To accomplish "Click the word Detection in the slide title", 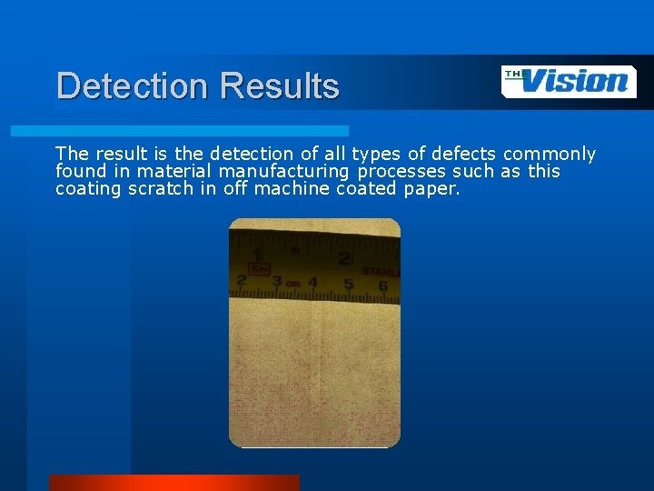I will [x=133, y=86].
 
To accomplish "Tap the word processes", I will [x=401, y=171].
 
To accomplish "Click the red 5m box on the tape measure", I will [x=260, y=268].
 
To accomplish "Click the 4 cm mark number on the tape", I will [x=312, y=284].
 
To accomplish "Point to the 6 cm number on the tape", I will [x=383, y=286].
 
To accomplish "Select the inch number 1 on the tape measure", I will [x=258, y=256].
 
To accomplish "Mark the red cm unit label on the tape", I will [x=293, y=285].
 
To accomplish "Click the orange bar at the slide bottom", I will [x=173, y=483].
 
